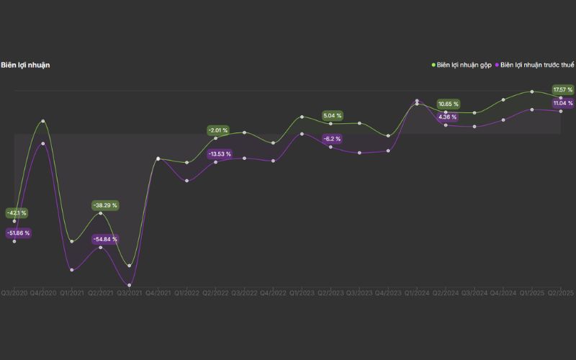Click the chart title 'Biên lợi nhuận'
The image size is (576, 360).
point(25,66)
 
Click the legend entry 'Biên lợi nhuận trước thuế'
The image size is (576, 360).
point(536,66)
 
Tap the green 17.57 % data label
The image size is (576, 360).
point(562,90)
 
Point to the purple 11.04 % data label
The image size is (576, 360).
point(562,104)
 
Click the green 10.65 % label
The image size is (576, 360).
point(448,104)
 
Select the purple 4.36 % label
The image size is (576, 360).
point(447,117)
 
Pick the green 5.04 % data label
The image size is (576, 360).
point(332,115)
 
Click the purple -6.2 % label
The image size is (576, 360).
point(332,138)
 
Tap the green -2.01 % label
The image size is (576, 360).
point(217,130)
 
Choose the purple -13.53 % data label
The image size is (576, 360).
point(220,154)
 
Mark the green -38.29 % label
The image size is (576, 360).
point(104,205)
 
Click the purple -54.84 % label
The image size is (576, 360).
point(104,239)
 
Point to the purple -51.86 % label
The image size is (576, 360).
point(18,233)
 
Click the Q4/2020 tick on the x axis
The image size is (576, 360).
point(43,293)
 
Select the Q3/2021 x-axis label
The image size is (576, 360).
point(129,293)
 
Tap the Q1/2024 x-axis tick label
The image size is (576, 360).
point(417,293)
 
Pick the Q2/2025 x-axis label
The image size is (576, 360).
point(560,293)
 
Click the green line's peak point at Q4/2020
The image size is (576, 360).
point(43,121)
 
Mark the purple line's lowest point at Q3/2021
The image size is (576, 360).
point(130,285)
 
